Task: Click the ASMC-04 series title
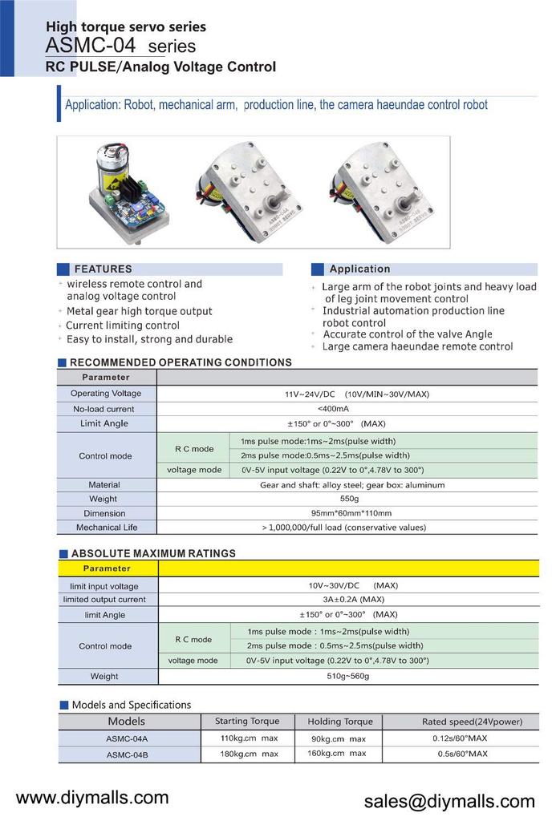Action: coord(120,47)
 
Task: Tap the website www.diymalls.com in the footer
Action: coord(93,797)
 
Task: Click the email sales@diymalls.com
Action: coord(449,802)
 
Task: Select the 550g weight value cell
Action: coord(347,499)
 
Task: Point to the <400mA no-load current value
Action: coord(347,408)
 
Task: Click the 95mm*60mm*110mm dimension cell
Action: coord(347,513)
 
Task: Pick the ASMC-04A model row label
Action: coord(127,738)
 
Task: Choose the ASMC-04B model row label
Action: coord(127,754)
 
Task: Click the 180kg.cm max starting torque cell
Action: coord(249,754)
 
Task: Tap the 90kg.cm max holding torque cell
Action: coord(337,738)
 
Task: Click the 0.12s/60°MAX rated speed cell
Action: coord(454,738)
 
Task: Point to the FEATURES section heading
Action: coord(103,269)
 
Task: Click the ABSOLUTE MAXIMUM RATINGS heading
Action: coord(153,553)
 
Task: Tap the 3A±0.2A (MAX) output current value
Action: coord(347,599)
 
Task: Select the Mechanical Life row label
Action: coord(107,528)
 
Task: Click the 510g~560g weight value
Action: coord(347,676)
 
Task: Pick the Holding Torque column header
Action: coord(340,722)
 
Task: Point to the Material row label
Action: coord(104,484)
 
